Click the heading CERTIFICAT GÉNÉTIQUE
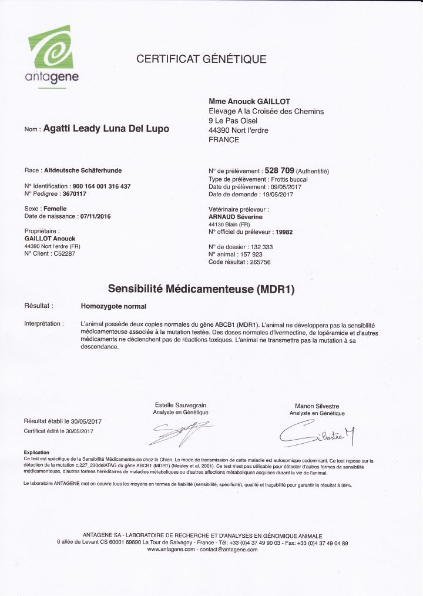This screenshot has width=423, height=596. (x=202, y=59)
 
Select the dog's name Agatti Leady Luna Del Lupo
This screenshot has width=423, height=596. (x=106, y=129)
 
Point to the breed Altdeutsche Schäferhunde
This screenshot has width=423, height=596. (x=83, y=170)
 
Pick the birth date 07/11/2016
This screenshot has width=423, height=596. (x=95, y=216)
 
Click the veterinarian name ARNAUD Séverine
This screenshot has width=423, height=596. (x=236, y=217)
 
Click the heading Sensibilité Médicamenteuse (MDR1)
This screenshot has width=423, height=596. (x=201, y=289)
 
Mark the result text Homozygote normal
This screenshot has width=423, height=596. (x=113, y=306)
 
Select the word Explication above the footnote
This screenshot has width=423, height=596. (x=36, y=452)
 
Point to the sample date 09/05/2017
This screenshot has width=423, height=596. (x=277, y=186)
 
